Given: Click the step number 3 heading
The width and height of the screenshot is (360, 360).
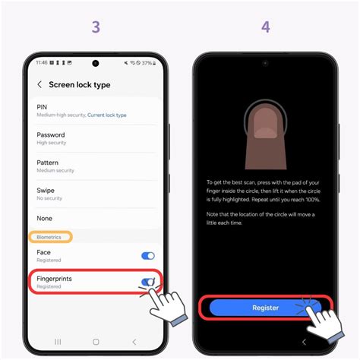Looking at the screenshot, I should pyautogui.click(x=96, y=27).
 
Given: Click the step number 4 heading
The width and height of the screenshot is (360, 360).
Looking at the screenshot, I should pyautogui.click(x=265, y=27).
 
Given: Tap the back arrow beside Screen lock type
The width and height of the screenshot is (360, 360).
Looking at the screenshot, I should pyautogui.click(x=39, y=85).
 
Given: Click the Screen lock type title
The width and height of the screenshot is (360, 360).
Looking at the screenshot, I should pyautogui.click(x=80, y=85).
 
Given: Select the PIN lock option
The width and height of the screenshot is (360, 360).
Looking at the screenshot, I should pyautogui.click(x=43, y=107).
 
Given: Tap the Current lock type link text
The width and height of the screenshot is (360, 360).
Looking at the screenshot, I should pyautogui.click(x=107, y=115).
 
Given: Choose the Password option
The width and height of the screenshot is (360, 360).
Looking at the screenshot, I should pyautogui.click(x=51, y=134).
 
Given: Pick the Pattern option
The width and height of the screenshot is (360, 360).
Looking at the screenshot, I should pyautogui.click(x=48, y=163).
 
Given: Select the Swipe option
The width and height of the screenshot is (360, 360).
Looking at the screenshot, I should pyautogui.click(x=46, y=190).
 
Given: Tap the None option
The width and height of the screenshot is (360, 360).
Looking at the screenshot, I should pyautogui.click(x=45, y=217).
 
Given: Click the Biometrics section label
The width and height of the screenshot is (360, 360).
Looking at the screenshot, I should pyautogui.click(x=51, y=237).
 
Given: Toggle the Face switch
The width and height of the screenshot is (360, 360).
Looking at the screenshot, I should pyautogui.click(x=148, y=257).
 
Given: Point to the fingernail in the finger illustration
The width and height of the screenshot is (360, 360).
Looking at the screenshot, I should pyautogui.click(x=264, y=131).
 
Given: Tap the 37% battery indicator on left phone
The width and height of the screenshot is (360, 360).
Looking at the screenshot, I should pyautogui.click(x=147, y=63).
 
